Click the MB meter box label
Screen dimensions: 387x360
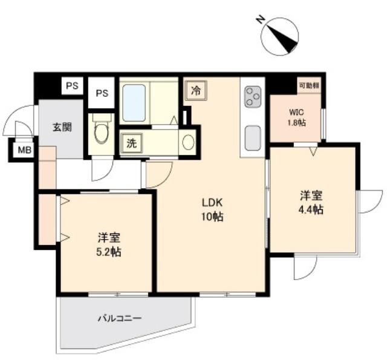click(x=25, y=150)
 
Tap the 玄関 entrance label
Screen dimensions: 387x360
click(x=62, y=128)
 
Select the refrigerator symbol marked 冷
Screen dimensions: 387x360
click(x=196, y=91)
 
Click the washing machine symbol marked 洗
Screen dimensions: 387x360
click(x=132, y=143)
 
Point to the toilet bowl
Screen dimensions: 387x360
click(x=102, y=130)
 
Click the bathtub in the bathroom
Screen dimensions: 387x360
click(x=134, y=103)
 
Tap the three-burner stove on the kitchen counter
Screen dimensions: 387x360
click(x=253, y=96)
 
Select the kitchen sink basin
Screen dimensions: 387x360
click(x=253, y=139)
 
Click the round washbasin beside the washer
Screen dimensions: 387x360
click(x=188, y=142)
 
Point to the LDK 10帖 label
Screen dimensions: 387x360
click(x=212, y=210)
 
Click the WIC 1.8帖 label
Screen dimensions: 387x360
click(x=296, y=117)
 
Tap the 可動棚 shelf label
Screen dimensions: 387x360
click(x=309, y=85)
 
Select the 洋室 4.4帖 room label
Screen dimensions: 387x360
click(x=311, y=203)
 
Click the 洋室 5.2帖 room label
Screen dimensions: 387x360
click(x=109, y=245)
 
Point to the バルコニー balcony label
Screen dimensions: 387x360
click(x=120, y=318)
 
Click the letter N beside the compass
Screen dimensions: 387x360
click(x=260, y=19)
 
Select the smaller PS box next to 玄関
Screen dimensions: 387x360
click(x=72, y=85)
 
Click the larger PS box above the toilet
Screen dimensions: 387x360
click(x=102, y=93)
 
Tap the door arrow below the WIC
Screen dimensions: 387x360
click(x=313, y=151)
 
